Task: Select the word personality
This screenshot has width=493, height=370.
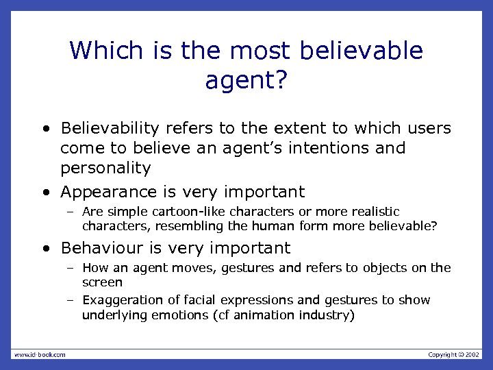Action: [105, 169]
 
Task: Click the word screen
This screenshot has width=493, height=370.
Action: [102, 282]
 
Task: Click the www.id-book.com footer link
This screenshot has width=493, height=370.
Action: [40, 354]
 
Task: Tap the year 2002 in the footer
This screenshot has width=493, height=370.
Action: [472, 354]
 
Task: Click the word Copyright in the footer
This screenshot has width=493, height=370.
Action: [442, 354]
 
